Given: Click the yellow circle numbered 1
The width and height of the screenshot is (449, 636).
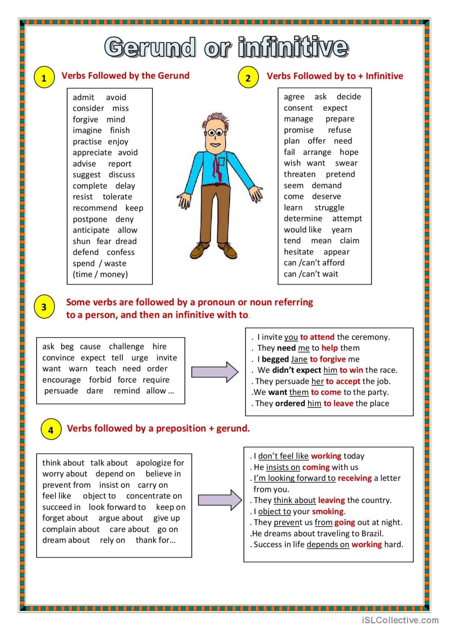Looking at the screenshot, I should (x=44, y=78).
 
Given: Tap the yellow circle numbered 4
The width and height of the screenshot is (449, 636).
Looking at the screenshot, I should (x=51, y=430).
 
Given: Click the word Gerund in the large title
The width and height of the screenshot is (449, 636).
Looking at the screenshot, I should (x=149, y=47).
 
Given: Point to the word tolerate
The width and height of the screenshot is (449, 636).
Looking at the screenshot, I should (x=117, y=197).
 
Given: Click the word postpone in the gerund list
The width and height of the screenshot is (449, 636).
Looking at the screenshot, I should (x=90, y=219).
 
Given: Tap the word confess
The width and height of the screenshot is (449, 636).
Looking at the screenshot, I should (x=120, y=252).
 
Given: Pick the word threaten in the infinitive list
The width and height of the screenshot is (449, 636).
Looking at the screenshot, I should (x=300, y=174).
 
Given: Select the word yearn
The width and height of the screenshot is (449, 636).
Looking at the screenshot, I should (x=342, y=230).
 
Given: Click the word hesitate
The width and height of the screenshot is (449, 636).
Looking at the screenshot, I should (x=298, y=252).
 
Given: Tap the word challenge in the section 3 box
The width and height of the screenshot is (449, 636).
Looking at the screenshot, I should (x=126, y=347).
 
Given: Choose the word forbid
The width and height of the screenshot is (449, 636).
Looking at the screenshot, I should (x=100, y=380).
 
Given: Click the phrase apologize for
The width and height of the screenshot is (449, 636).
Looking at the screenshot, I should (x=160, y=463).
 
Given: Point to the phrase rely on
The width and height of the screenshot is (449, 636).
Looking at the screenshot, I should (x=112, y=540).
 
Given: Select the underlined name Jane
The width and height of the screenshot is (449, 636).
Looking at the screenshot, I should (x=299, y=359).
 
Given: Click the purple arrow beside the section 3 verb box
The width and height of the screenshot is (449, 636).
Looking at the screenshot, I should (x=215, y=372).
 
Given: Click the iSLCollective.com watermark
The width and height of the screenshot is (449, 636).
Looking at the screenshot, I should (x=400, y=620).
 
